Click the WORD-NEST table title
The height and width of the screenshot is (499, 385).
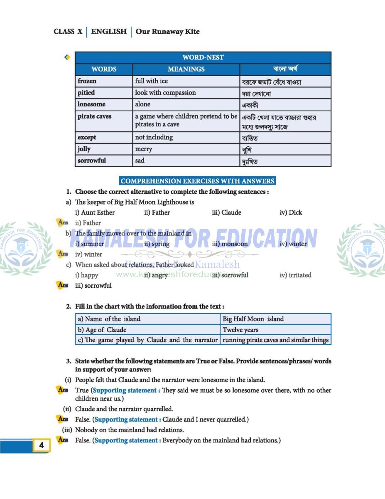point(203,57)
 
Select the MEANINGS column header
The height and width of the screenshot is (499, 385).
point(186,69)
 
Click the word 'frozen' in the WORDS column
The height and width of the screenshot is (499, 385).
point(87,81)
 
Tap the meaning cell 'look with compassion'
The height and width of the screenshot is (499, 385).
point(165,93)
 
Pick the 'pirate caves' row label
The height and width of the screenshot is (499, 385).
point(94,116)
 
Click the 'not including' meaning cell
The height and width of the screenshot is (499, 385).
point(154,137)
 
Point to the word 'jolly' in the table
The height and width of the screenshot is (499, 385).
point(84,149)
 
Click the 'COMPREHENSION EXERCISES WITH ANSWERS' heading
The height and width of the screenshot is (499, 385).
point(197,181)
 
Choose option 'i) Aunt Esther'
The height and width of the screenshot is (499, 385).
point(95,212)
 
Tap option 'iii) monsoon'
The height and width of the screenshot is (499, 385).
point(230,244)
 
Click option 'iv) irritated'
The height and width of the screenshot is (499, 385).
point(295,275)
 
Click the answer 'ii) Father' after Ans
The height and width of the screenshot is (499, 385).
point(88,223)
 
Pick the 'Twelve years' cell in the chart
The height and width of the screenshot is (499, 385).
point(240,330)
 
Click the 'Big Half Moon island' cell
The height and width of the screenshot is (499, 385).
point(253,319)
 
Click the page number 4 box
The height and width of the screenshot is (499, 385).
point(41,445)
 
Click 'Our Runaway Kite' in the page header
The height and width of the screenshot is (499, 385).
point(167,32)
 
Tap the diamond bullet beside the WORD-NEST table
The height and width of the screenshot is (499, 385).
point(67,57)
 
